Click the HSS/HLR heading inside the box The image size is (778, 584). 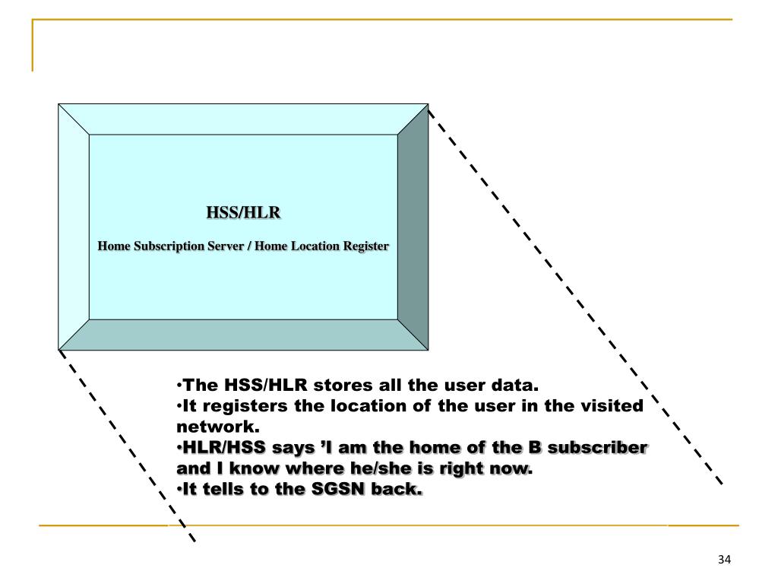243,212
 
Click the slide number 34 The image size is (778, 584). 723,560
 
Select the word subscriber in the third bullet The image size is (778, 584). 601,448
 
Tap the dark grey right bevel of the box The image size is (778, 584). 413,227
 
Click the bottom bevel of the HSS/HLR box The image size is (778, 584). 243,335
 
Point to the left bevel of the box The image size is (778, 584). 74,227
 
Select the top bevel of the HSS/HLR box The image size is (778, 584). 243,119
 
